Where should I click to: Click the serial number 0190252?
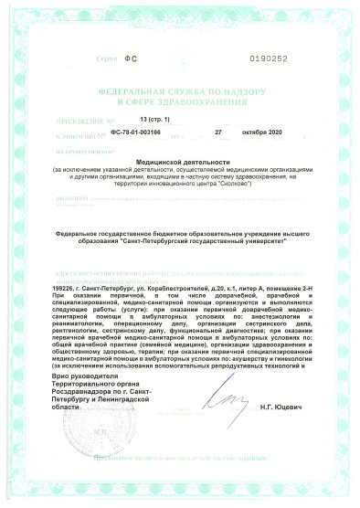point(269,58)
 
